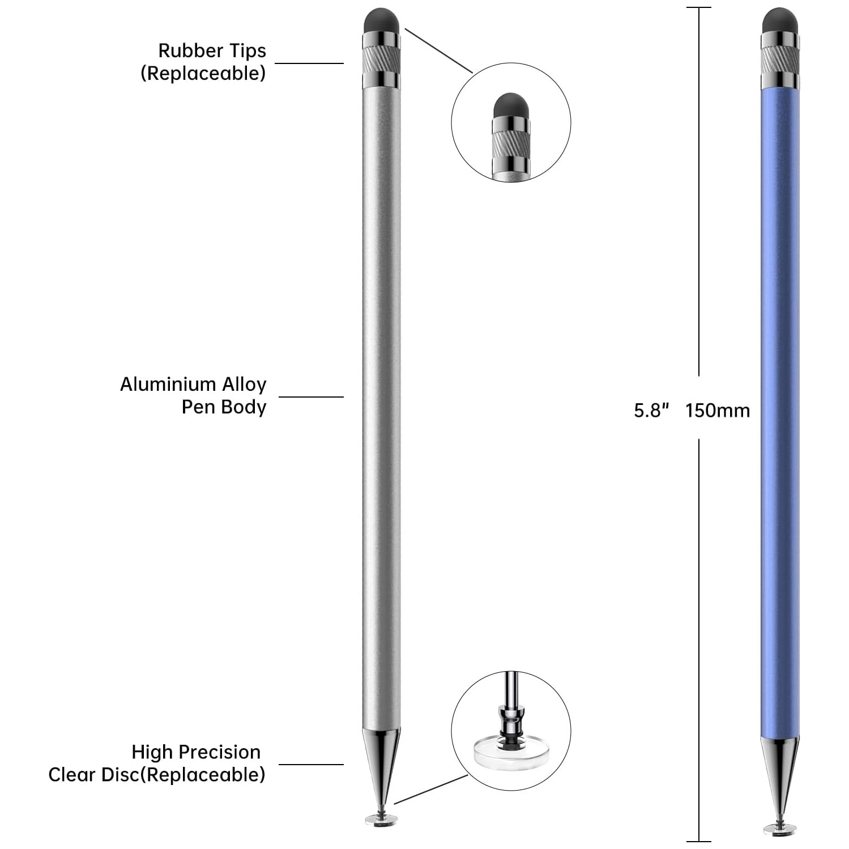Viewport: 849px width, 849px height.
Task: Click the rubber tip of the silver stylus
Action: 381,20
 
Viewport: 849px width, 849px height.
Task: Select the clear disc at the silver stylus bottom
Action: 381,818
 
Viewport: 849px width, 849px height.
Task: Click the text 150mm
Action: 717,410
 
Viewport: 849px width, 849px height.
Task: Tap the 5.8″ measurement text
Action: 651,410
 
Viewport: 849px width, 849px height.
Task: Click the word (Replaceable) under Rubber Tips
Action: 203,73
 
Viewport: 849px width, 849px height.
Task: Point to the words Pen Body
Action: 224,407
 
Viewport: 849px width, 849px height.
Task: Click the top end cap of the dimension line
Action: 698,7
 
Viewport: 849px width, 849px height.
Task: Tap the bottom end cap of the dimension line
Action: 698,842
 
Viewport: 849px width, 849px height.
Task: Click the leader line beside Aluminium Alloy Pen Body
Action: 311,396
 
